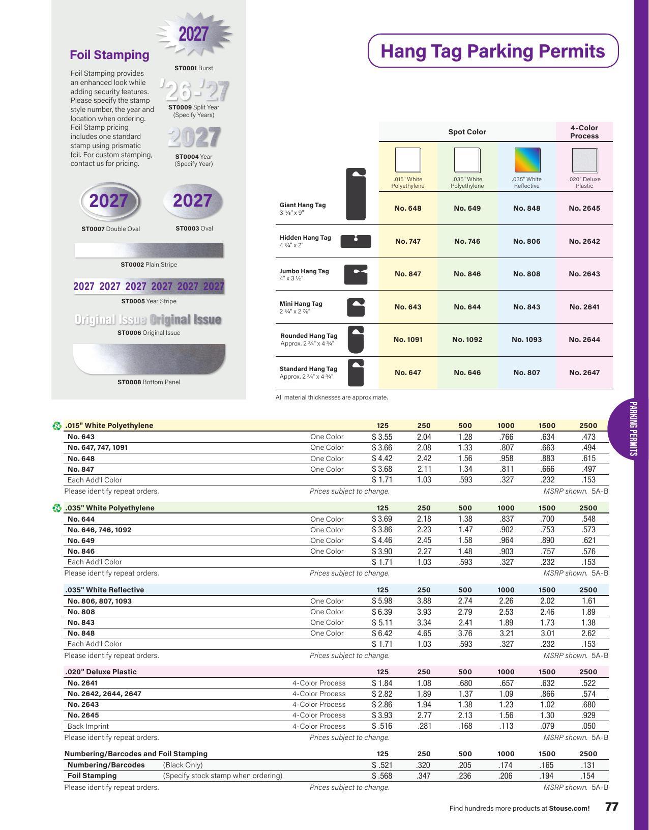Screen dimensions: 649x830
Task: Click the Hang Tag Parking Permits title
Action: click(492, 51)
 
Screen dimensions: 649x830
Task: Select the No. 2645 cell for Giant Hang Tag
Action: click(584, 208)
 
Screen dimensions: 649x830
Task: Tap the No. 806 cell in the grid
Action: click(526, 241)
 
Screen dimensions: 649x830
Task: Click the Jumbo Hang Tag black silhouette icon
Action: click(356, 274)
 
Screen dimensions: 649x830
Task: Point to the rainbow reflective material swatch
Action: click(527, 160)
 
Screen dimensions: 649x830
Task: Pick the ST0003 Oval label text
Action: click(194, 228)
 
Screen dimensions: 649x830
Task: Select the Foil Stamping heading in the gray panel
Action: click(109, 55)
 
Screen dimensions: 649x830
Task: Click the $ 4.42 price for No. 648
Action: click(382, 459)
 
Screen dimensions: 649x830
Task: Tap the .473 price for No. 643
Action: click(588, 437)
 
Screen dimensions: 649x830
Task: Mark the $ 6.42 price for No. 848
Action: click(382, 633)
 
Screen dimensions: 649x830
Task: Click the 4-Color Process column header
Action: click(584, 132)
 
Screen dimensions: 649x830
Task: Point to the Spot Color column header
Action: click(467, 132)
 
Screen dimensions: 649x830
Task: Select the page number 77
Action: click(611, 807)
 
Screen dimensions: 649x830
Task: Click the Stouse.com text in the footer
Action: click(569, 808)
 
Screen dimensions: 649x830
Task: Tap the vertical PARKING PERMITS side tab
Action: click(633, 429)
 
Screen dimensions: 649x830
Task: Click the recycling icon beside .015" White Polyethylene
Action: click(57, 426)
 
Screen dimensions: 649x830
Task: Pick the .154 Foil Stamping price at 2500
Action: click(588, 776)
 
